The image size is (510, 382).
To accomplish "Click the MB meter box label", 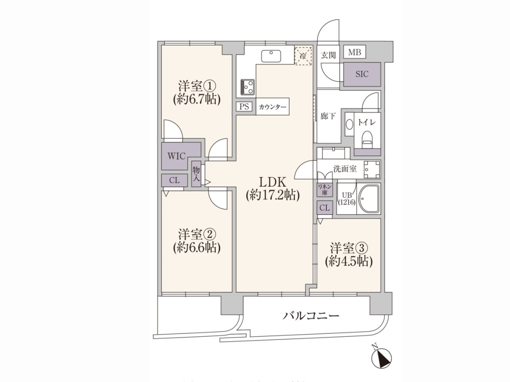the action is click(x=355, y=52).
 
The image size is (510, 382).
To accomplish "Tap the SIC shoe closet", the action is click(x=362, y=74).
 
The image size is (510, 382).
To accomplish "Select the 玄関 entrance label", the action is click(x=328, y=55).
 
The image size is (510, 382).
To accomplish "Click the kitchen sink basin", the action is click(x=271, y=56).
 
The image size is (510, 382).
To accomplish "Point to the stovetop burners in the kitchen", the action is click(x=248, y=87).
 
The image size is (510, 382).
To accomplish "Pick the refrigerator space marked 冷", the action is click(x=303, y=56).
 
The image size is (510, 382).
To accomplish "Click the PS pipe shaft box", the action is click(x=244, y=106).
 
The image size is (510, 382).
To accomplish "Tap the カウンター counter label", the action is click(x=273, y=107).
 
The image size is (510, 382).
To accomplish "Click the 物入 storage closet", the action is click(x=196, y=174).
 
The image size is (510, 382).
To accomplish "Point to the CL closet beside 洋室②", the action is click(x=175, y=180).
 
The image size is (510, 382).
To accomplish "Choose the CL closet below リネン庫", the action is click(x=325, y=207).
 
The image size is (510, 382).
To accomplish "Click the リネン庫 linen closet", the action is click(x=325, y=189).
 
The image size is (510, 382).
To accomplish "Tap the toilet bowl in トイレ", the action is click(x=367, y=138).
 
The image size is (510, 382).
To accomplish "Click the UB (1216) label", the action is click(x=347, y=199).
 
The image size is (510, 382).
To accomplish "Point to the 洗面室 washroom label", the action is click(x=345, y=169).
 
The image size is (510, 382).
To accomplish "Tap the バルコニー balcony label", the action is click(x=311, y=315).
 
